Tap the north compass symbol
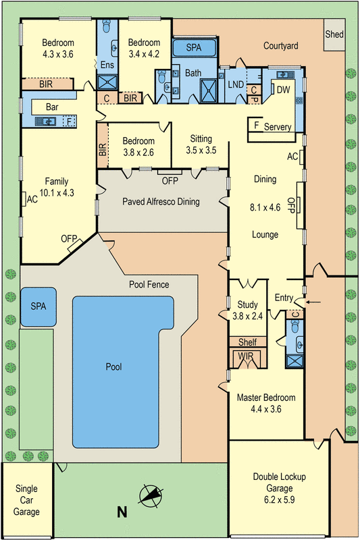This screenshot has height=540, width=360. pyautogui.click(x=151, y=496)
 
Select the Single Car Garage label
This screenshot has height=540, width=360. pyautogui.click(x=26, y=500)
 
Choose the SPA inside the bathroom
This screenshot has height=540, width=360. pyautogui.click(x=194, y=49)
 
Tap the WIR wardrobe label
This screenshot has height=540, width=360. pyautogui.click(x=245, y=355)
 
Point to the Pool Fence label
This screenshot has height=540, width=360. pyautogui.click(x=149, y=285)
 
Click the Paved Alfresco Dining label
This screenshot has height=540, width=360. pyautogui.click(x=161, y=201)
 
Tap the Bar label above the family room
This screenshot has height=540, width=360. pyautogui.click(x=52, y=107)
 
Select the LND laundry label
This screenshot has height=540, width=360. pyautogui.click(x=236, y=84)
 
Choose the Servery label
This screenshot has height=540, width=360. pyautogui.click(x=277, y=127)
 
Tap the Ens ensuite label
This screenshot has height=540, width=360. pyautogui.click(x=107, y=65)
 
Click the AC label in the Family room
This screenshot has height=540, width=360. pyautogui.click(x=32, y=199)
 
